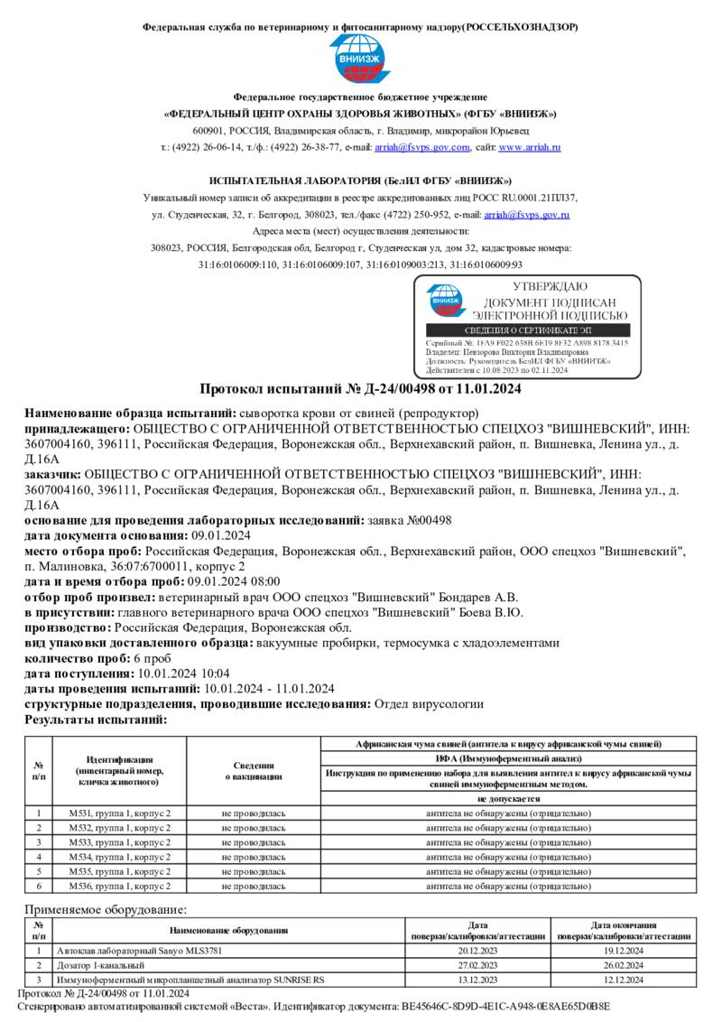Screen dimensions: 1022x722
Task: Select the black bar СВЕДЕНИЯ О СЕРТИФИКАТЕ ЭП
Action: tap(528, 331)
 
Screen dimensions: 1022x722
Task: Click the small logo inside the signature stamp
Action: tap(444, 302)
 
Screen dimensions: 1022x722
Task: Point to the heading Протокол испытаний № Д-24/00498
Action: tap(360, 389)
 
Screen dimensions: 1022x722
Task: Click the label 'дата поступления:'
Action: tap(79, 674)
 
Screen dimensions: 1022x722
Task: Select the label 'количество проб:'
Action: tap(78, 658)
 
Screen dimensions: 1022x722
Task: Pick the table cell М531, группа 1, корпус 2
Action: tap(120, 813)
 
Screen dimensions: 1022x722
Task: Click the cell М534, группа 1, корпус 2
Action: tap(120, 856)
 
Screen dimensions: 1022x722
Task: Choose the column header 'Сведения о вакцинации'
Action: tap(254, 770)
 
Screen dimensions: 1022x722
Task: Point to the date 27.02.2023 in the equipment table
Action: tap(478, 965)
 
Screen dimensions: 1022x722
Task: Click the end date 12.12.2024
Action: tap(624, 980)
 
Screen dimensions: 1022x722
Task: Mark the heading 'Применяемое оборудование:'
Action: tap(106, 909)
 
